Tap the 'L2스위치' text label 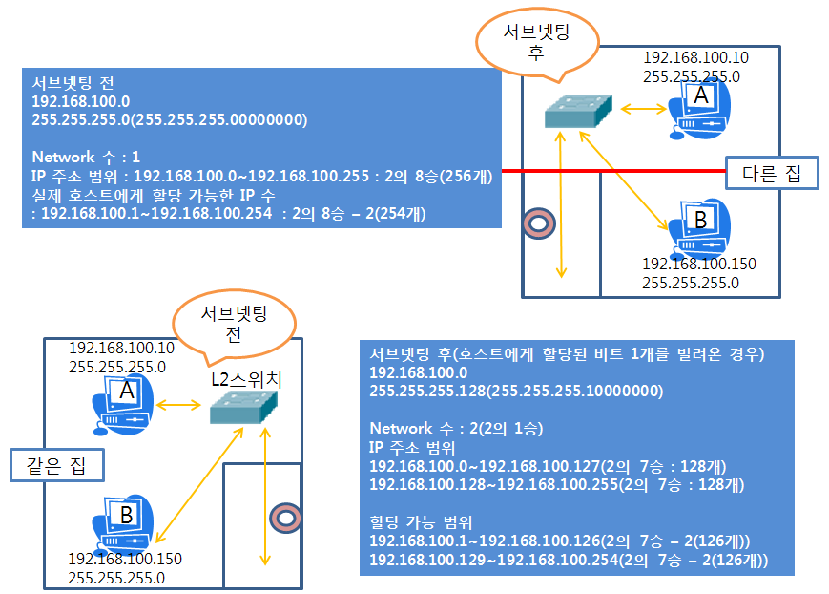(x=246, y=380)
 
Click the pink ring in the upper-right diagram (x=537, y=223)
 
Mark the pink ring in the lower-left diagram (x=285, y=517)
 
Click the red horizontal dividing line (x=611, y=171)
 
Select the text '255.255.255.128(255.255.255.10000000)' (x=516, y=390)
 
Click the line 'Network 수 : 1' (x=86, y=157)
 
